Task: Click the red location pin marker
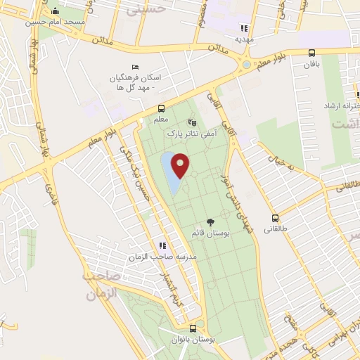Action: pyautogui.click(x=181, y=165)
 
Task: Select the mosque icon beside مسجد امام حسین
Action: pyautogui.click(x=56, y=11)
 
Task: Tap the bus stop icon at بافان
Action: pyautogui.click(x=311, y=53)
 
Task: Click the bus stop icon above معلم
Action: pyautogui.click(x=162, y=108)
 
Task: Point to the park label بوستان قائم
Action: pyautogui.click(x=209, y=232)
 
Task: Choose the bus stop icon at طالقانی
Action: pyautogui.click(x=275, y=218)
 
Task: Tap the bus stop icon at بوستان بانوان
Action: pyautogui.click(x=193, y=328)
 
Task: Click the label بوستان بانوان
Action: pyautogui.click(x=194, y=340)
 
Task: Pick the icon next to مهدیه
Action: pyautogui.click(x=244, y=28)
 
